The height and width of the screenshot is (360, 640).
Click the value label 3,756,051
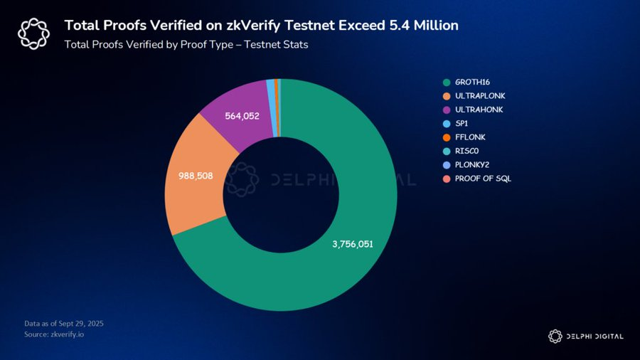coord(353,244)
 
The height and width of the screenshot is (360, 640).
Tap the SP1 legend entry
coord(460,123)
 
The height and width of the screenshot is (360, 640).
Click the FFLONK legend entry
coord(465,137)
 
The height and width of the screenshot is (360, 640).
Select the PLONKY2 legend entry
coord(468,164)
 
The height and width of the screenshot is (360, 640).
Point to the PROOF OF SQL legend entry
coord(477,179)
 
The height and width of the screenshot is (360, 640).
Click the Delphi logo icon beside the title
coord(33,33)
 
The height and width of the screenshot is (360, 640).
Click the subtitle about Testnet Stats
coord(186,44)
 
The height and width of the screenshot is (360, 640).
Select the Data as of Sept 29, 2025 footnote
coord(64,324)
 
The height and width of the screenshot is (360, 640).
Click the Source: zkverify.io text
coord(53,334)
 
